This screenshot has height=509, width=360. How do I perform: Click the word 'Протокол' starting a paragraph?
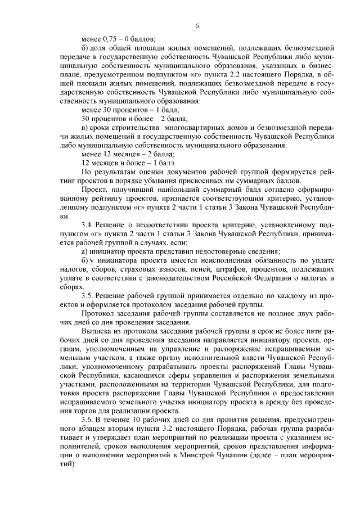pyautogui.click(x=97, y=313)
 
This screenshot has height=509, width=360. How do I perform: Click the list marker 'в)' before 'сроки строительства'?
pyautogui.click(x=85, y=128)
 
